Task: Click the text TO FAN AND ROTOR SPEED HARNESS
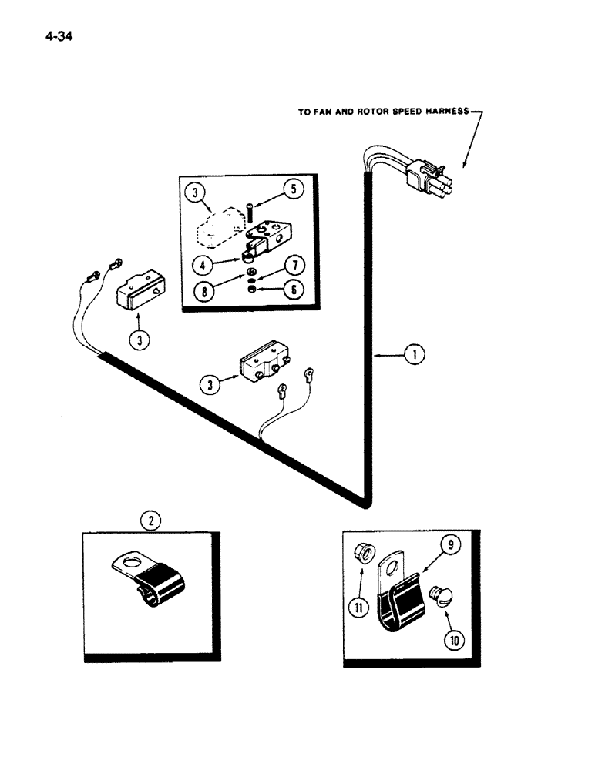point(383,112)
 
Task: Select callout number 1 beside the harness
point(415,355)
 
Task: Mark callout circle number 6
point(294,290)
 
